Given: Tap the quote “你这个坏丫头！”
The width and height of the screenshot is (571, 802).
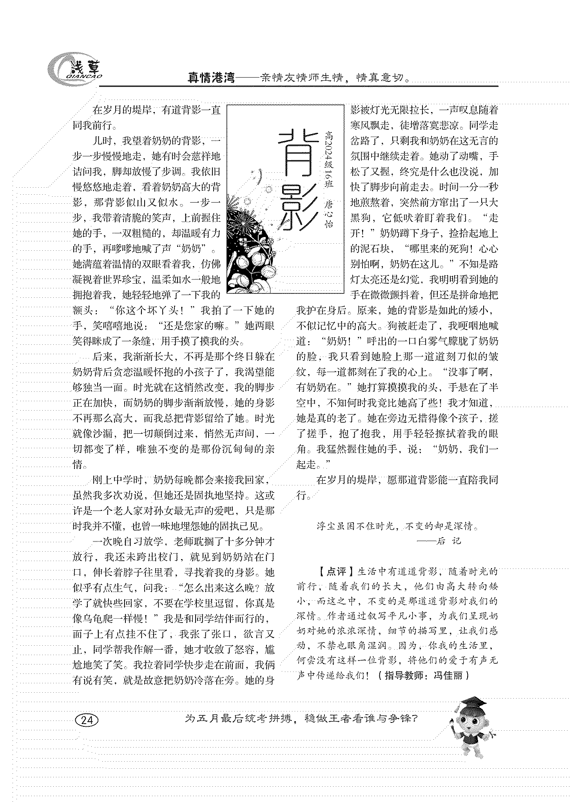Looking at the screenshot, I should coord(150,311).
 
